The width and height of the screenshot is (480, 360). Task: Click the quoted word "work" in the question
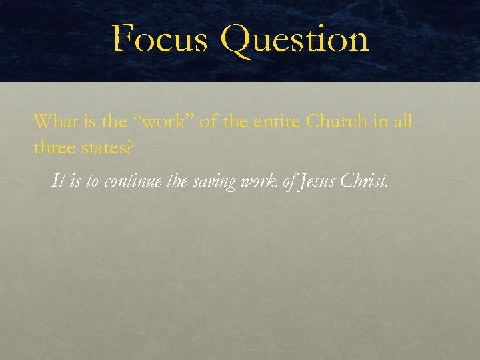tap(155, 121)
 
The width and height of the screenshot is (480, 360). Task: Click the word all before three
tap(403, 121)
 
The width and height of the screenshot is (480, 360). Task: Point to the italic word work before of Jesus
tap(257, 181)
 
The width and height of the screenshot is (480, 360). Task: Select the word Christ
tap(363, 181)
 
